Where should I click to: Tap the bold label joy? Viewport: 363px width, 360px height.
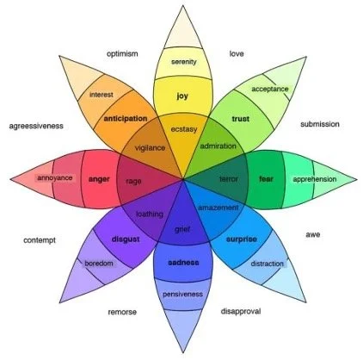click(x=182, y=96)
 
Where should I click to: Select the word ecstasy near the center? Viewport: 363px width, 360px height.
click(x=183, y=129)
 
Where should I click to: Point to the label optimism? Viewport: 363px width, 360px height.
click(x=122, y=53)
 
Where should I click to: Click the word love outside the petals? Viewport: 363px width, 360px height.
click(x=236, y=53)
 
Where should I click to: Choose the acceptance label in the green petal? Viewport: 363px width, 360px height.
click(x=269, y=89)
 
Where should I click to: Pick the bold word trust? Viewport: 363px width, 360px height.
click(x=240, y=119)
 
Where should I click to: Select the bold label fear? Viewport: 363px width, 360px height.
click(x=266, y=179)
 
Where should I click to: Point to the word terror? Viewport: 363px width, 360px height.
click(x=228, y=179)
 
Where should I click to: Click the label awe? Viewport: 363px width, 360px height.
click(x=313, y=234)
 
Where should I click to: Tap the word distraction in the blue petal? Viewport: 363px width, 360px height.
click(x=268, y=264)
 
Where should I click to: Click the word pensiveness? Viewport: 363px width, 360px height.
click(x=182, y=295)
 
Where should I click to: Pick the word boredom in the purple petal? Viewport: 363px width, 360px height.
click(x=99, y=263)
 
